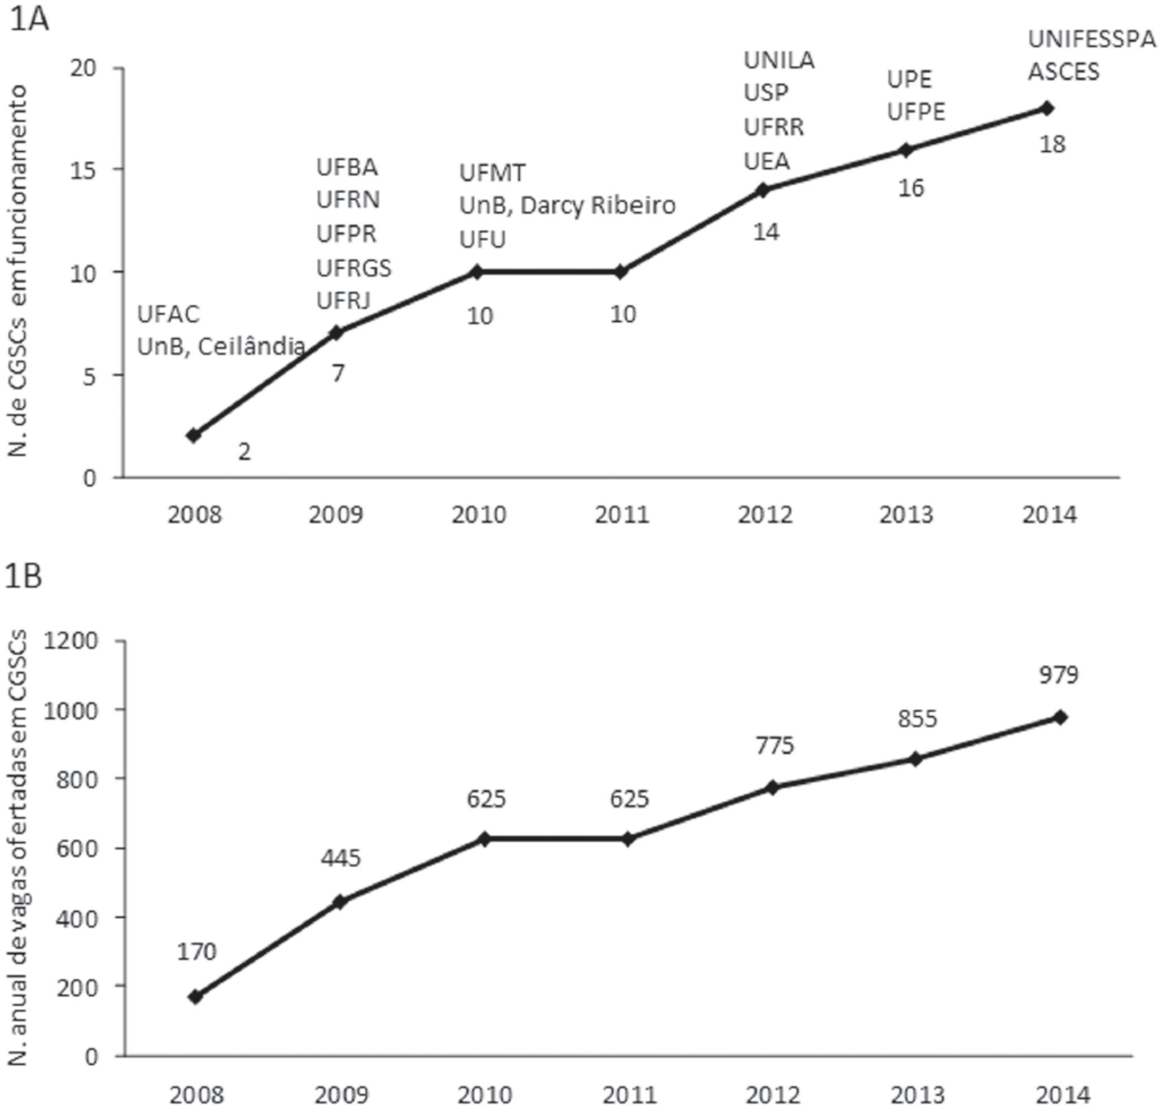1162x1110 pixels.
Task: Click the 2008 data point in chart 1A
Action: [x=194, y=436]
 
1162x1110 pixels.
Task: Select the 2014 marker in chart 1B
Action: [x=1060, y=717]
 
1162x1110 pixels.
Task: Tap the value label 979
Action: [x=1059, y=674]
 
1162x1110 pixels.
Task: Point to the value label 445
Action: [x=341, y=857]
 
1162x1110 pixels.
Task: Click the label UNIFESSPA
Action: [x=1092, y=39]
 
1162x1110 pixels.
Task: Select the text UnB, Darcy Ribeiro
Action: [x=567, y=206]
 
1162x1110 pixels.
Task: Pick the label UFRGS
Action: [x=354, y=268]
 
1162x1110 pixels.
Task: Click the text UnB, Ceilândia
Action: [x=221, y=347]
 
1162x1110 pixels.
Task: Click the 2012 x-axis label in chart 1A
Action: [x=765, y=515]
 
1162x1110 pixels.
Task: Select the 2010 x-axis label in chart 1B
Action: [x=484, y=1096]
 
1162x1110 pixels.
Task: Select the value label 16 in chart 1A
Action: [x=911, y=188]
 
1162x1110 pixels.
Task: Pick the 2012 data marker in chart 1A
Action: [x=763, y=190]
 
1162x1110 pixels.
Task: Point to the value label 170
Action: [x=196, y=951]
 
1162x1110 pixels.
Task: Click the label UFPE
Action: [x=916, y=111]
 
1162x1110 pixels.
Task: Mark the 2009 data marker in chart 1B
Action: [x=340, y=902]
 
